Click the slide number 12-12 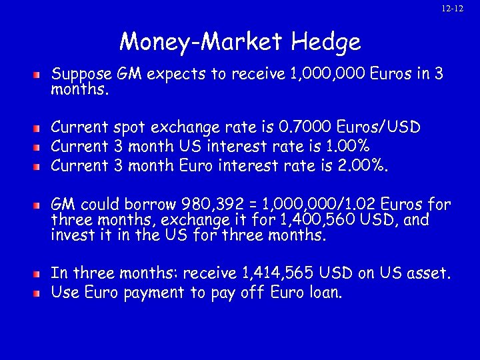[x=453, y=9]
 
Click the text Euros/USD [x=381, y=127]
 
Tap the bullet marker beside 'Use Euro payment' [x=39, y=292]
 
